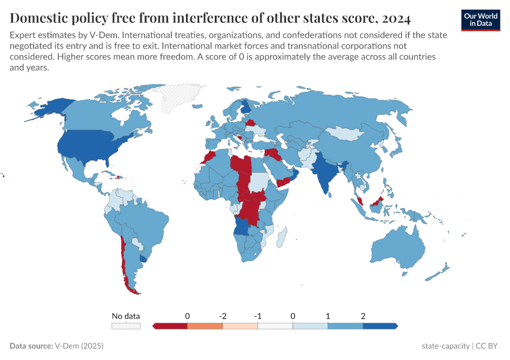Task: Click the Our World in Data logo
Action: point(481,20)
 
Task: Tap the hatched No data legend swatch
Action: point(125,326)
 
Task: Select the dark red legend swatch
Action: point(170,326)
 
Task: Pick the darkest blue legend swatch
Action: point(380,326)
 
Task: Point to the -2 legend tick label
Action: point(223,316)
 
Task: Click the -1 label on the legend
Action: point(257,316)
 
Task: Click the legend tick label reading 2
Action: point(363,316)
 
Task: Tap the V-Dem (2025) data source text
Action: point(79,346)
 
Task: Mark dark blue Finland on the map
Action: point(246,109)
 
